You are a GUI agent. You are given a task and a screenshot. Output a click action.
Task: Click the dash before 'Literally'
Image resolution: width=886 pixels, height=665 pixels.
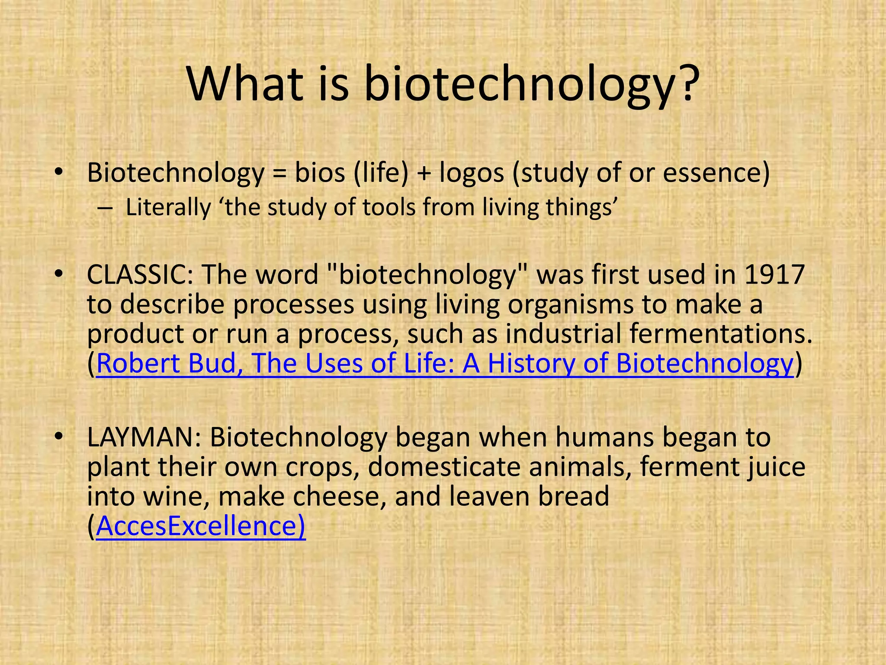pyautogui.click(x=104, y=208)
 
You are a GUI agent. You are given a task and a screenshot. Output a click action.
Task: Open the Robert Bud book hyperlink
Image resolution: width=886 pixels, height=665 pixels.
pyautogui.click(x=445, y=363)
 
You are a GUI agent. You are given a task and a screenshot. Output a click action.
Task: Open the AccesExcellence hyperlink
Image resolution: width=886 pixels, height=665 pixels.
pyautogui.click(x=201, y=526)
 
